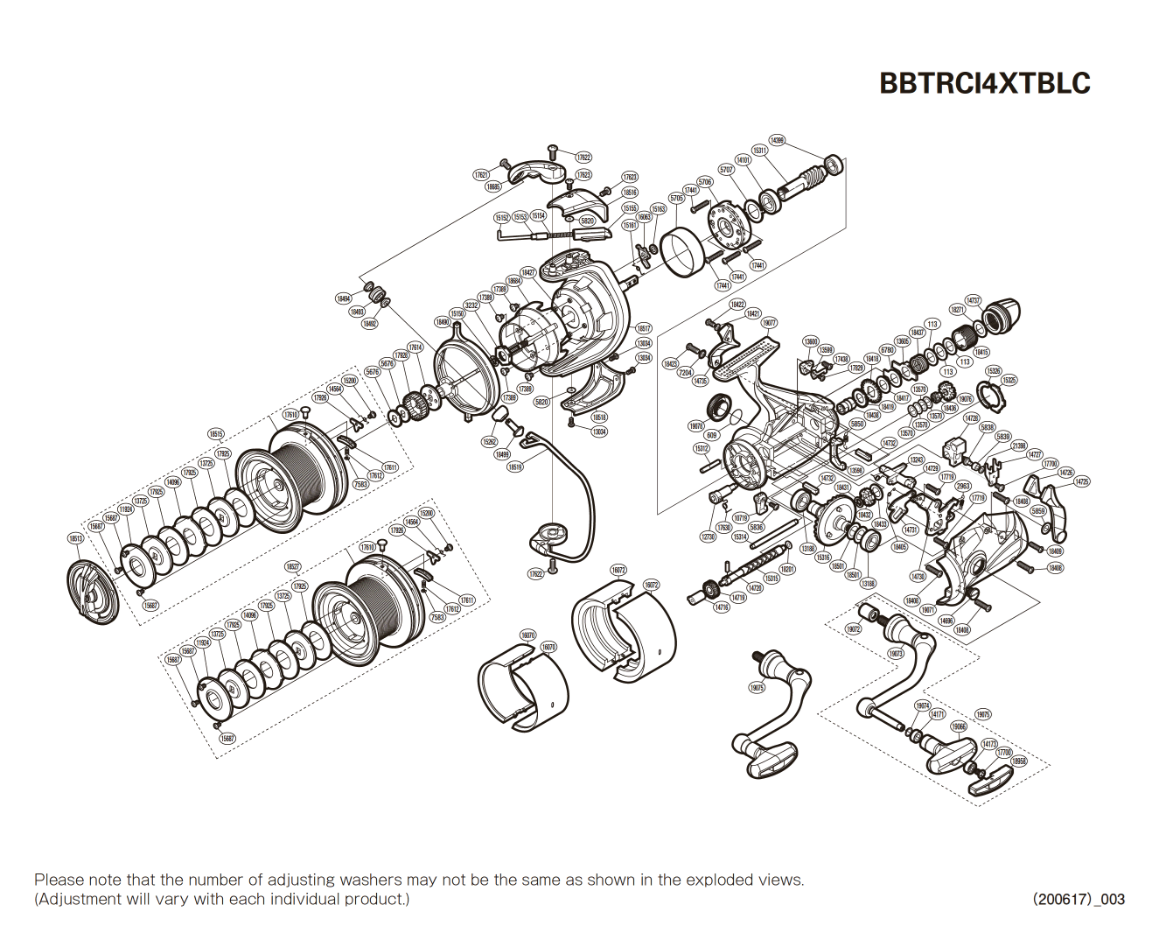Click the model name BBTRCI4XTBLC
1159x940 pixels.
pos(984,82)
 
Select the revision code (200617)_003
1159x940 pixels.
pos(1078,899)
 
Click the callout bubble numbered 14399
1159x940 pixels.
pos(776,140)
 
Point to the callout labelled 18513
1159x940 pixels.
pos(76,538)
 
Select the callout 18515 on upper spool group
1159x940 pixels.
pos(216,434)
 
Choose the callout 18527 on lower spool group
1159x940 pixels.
pos(293,566)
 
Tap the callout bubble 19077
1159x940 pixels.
pos(768,323)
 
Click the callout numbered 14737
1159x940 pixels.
pos(973,300)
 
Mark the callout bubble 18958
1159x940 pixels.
pos(1018,761)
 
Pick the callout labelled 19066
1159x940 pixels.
pos(959,726)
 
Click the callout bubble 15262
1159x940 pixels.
pos(490,442)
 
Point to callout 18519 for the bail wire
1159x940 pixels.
pos(514,467)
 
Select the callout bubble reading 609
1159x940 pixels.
pos(711,435)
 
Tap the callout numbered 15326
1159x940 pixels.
pos(993,371)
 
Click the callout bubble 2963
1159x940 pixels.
pos(962,487)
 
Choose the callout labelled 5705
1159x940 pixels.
pos(676,199)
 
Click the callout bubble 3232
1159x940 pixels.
pos(471,305)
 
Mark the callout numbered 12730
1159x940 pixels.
pos(708,537)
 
